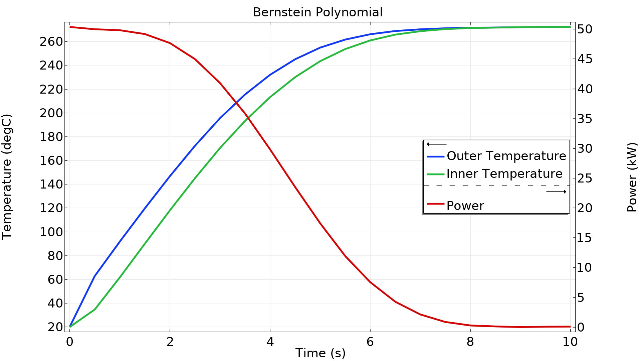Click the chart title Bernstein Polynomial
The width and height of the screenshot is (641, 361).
pyautogui.click(x=317, y=12)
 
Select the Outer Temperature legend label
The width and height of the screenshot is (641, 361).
pyautogui.click(x=506, y=156)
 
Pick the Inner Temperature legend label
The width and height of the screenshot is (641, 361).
pyautogui.click(x=504, y=174)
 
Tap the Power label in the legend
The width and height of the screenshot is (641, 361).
pyautogui.click(x=465, y=206)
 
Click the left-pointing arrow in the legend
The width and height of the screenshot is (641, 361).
pyautogui.click(x=436, y=144)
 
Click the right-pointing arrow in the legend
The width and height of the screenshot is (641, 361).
pyautogui.click(x=556, y=192)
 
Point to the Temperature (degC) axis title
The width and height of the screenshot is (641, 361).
pyautogui.click(x=7, y=177)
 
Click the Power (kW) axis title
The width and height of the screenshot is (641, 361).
pyautogui.click(x=632, y=177)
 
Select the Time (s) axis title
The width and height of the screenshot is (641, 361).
pyautogui.click(x=320, y=353)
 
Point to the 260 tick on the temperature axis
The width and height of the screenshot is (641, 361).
pyautogui.click(x=51, y=42)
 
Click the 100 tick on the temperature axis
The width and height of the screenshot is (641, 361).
pyautogui.click(x=51, y=232)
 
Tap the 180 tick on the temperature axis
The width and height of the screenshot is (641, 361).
pyautogui.click(x=51, y=137)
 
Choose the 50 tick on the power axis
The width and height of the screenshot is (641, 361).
pyautogui.click(x=585, y=29)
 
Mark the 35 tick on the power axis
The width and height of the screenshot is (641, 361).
pyautogui.click(x=585, y=119)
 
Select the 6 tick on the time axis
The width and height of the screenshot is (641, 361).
pyautogui.click(x=370, y=342)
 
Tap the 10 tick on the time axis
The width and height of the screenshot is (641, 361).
pyautogui.click(x=570, y=342)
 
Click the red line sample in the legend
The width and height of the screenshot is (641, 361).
pyautogui.click(x=435, y=204)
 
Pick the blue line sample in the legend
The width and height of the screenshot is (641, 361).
pyautogui.click(x=435, y=156)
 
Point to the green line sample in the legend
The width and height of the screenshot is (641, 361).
pyautogui.click(x=435, y=174)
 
